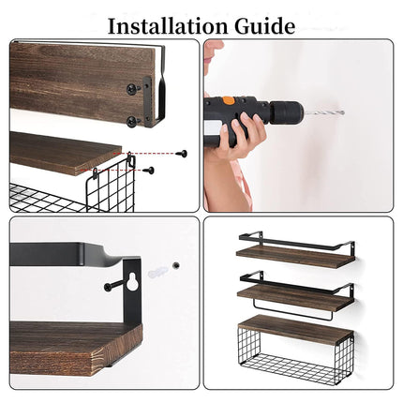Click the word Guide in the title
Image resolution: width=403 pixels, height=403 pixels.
263,24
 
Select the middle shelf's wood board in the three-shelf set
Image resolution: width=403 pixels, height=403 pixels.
291,292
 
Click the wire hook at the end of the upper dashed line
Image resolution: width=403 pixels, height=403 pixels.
132,162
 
